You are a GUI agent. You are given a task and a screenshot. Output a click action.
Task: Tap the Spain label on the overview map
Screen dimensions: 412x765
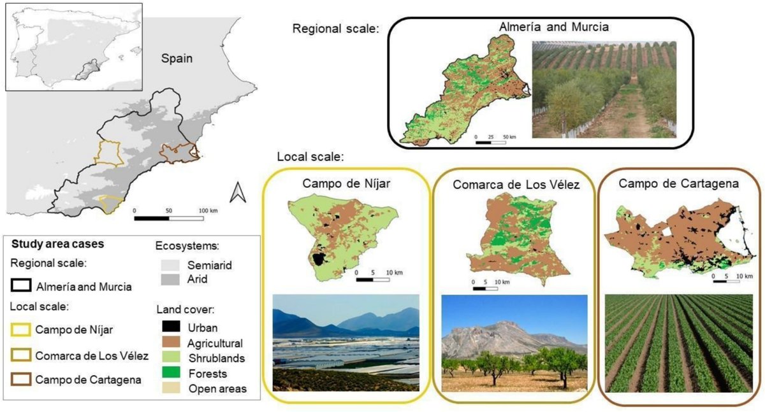(x=177, y=59)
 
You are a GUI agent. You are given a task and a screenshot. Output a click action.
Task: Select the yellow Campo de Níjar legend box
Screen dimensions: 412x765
(x=22, y=330)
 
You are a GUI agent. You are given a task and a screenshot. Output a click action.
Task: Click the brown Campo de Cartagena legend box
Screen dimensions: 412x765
(x=22, y=380)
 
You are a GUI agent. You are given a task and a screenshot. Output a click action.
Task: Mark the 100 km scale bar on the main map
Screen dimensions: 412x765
(x=169, y=218)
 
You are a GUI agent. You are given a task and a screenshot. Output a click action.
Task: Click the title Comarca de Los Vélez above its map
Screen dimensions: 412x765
(x=516, y=185)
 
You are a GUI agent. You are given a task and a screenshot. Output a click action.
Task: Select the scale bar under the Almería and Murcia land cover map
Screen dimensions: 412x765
(x=492, y=142)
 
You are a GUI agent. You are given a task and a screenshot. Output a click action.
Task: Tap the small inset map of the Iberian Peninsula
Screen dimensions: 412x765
(x=73, y=47)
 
